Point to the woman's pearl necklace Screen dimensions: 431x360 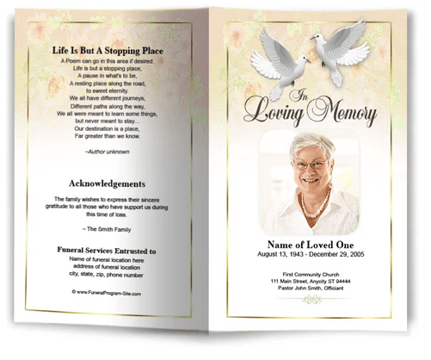[x=313, y=206]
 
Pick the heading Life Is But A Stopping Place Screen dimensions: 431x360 [x=108, y=53]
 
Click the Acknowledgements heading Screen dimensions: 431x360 [x=108, y=184]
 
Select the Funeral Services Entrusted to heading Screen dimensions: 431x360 [x=108, y=251]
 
